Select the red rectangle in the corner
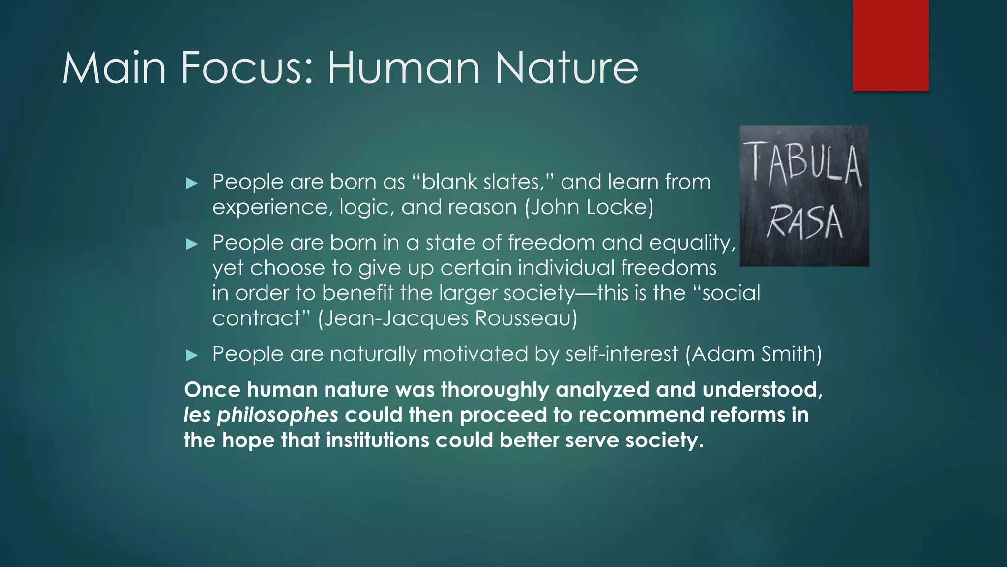tap(890, 45)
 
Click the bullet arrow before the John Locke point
tap(192, 184)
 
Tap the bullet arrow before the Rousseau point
tap(192, 244)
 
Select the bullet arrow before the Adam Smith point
tap(192, 355)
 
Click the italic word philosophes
tap(277, 415)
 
